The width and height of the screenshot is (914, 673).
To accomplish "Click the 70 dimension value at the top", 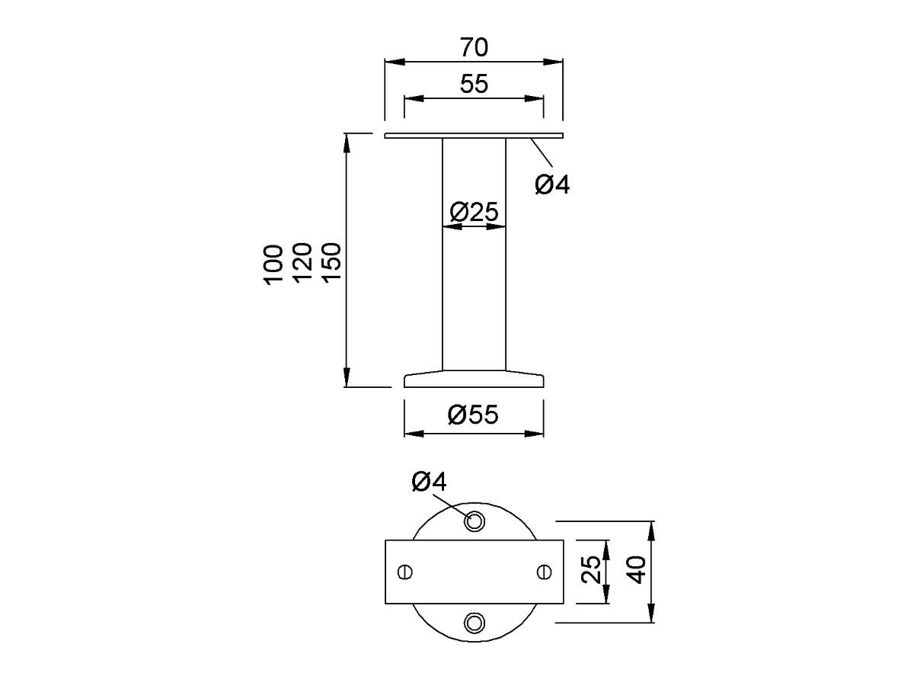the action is click(474, 47).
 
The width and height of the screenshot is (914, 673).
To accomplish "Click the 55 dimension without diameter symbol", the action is click(474, 84).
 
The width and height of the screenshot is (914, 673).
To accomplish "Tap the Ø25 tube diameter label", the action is click(474, 212).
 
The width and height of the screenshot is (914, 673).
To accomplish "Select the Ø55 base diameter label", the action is click(473, 415).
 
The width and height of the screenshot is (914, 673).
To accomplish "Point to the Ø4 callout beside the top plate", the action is click(552, 184).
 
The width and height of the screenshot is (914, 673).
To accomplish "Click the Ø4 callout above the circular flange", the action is click(430, 482).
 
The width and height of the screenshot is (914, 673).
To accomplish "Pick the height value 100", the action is click(273, 265).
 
